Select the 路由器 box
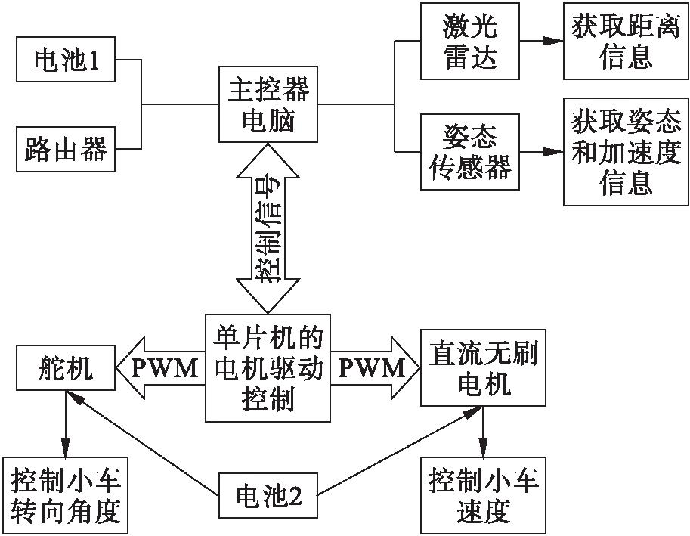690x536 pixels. tap(67, 147)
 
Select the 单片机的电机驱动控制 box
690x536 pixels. tap(268, 368)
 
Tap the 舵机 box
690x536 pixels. tap(66, 369)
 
